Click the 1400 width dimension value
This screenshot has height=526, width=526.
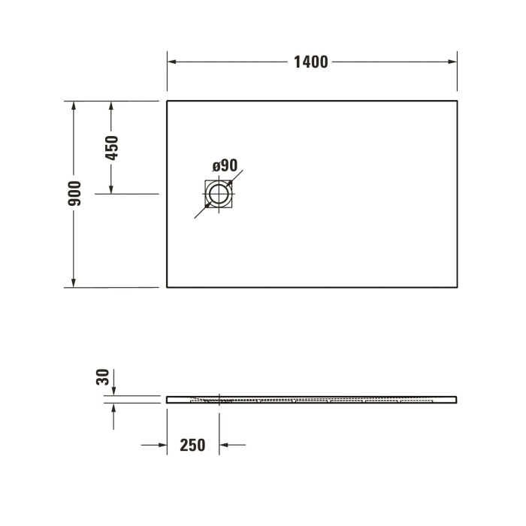point(310,62)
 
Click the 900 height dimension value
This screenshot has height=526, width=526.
point(74,194)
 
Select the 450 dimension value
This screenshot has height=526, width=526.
point(112,148)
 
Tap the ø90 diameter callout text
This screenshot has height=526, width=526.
point(224,165)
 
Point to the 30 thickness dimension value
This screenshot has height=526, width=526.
point(104,376)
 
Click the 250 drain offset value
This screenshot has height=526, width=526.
point(192,445)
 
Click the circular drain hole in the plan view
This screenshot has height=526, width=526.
point(219,195)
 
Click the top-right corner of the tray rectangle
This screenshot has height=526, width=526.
point(457,101)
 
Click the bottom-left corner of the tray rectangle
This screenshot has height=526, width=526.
point(167,287)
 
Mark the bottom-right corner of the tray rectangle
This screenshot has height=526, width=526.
point(457,287)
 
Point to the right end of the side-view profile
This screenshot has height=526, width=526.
point(456,399)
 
